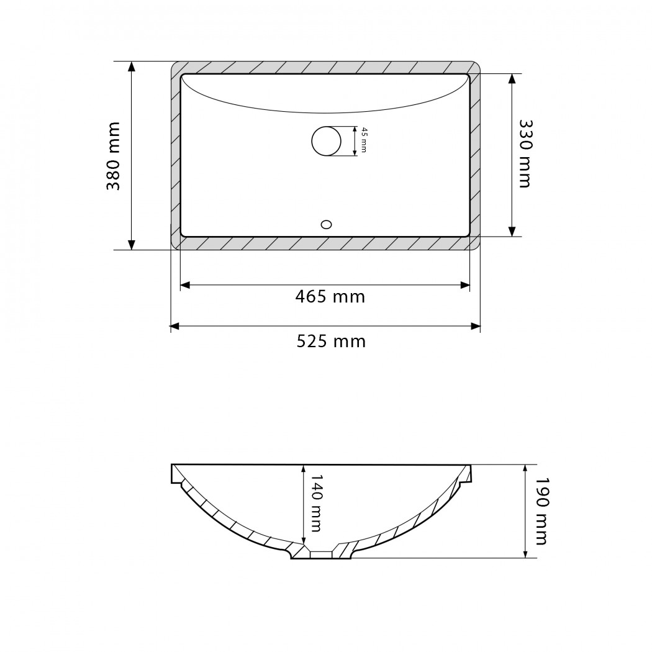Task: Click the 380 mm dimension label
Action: coord(113,156)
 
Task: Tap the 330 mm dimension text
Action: coord(525,154)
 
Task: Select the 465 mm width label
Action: coord(330,297)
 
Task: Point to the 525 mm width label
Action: coord(331,342)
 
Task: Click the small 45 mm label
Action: coord(364,140)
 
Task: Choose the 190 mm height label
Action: coord(541,510)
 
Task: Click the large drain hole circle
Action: coord(327,141)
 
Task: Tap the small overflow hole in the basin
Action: coord(327,225)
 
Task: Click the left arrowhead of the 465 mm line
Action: coord(184,285)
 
